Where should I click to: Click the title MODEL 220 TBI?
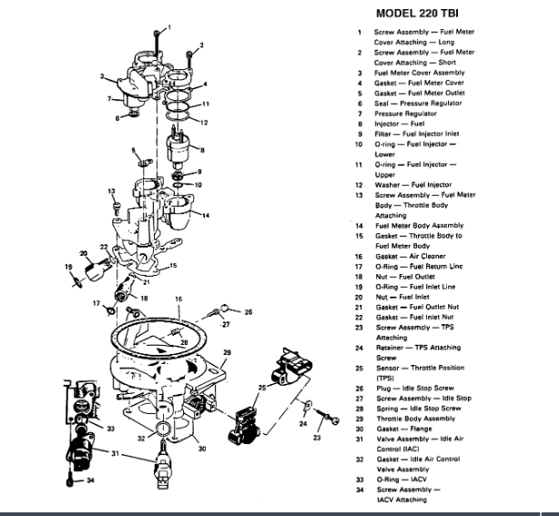427,15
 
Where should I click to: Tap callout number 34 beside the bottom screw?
89,481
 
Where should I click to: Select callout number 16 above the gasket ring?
178,298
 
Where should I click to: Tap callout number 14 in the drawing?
207,215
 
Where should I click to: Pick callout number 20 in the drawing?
84,254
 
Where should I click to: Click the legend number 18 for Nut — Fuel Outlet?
361,277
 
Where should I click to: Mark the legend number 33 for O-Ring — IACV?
361,479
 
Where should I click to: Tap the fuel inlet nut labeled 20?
96,270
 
